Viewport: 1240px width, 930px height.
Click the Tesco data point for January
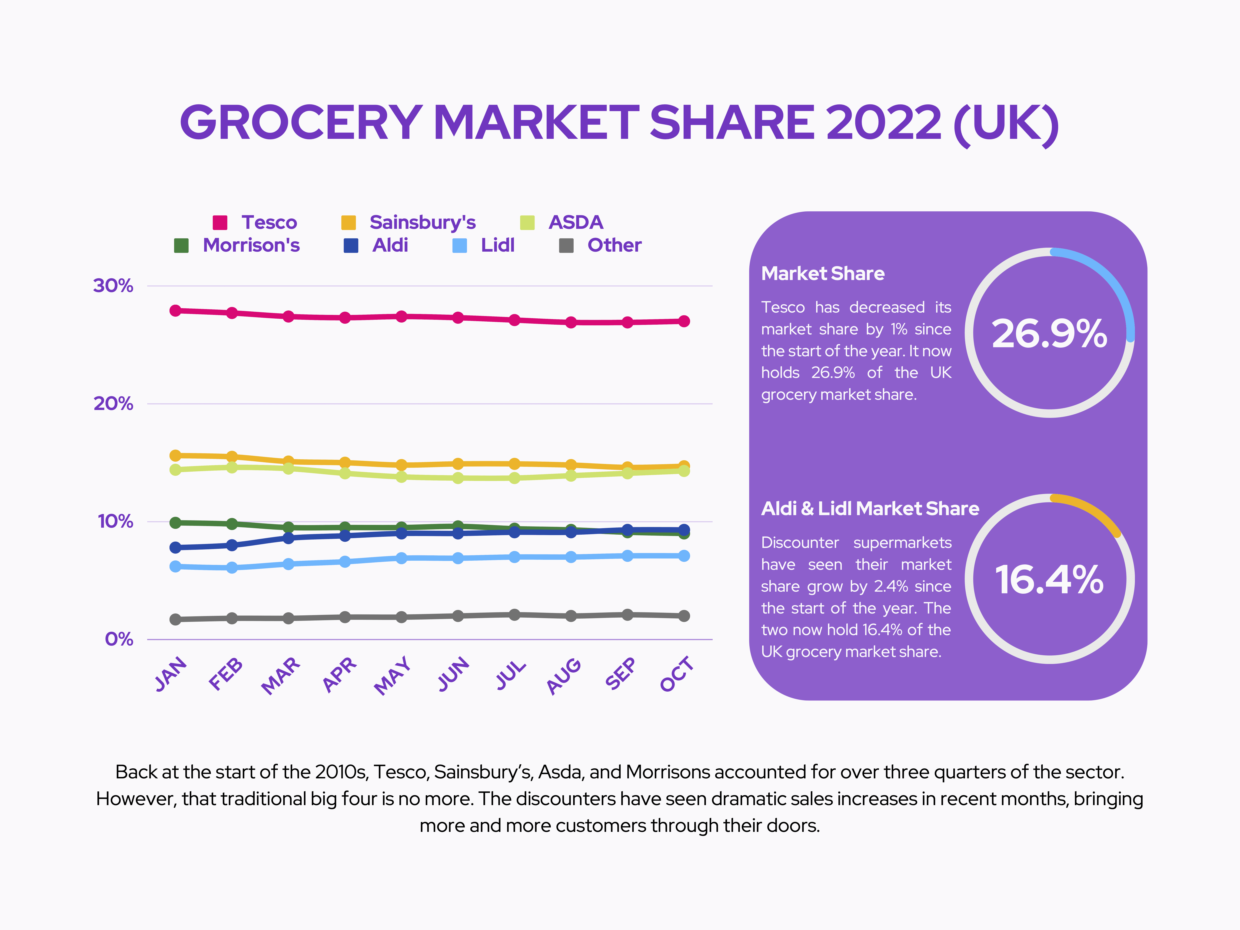[176, 310]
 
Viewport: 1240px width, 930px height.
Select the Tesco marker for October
[684, 321]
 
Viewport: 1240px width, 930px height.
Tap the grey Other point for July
[515, 615]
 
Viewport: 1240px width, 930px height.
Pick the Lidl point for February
[232, 568]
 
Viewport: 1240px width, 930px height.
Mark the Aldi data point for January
[176, 547]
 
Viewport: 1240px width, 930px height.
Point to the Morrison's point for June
[458, 526]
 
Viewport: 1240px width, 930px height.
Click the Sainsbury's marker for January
[176, 455]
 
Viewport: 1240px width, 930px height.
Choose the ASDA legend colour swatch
[527, 223]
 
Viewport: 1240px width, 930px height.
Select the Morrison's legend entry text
[251, 246]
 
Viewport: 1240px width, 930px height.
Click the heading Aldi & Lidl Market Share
[870, 508]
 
